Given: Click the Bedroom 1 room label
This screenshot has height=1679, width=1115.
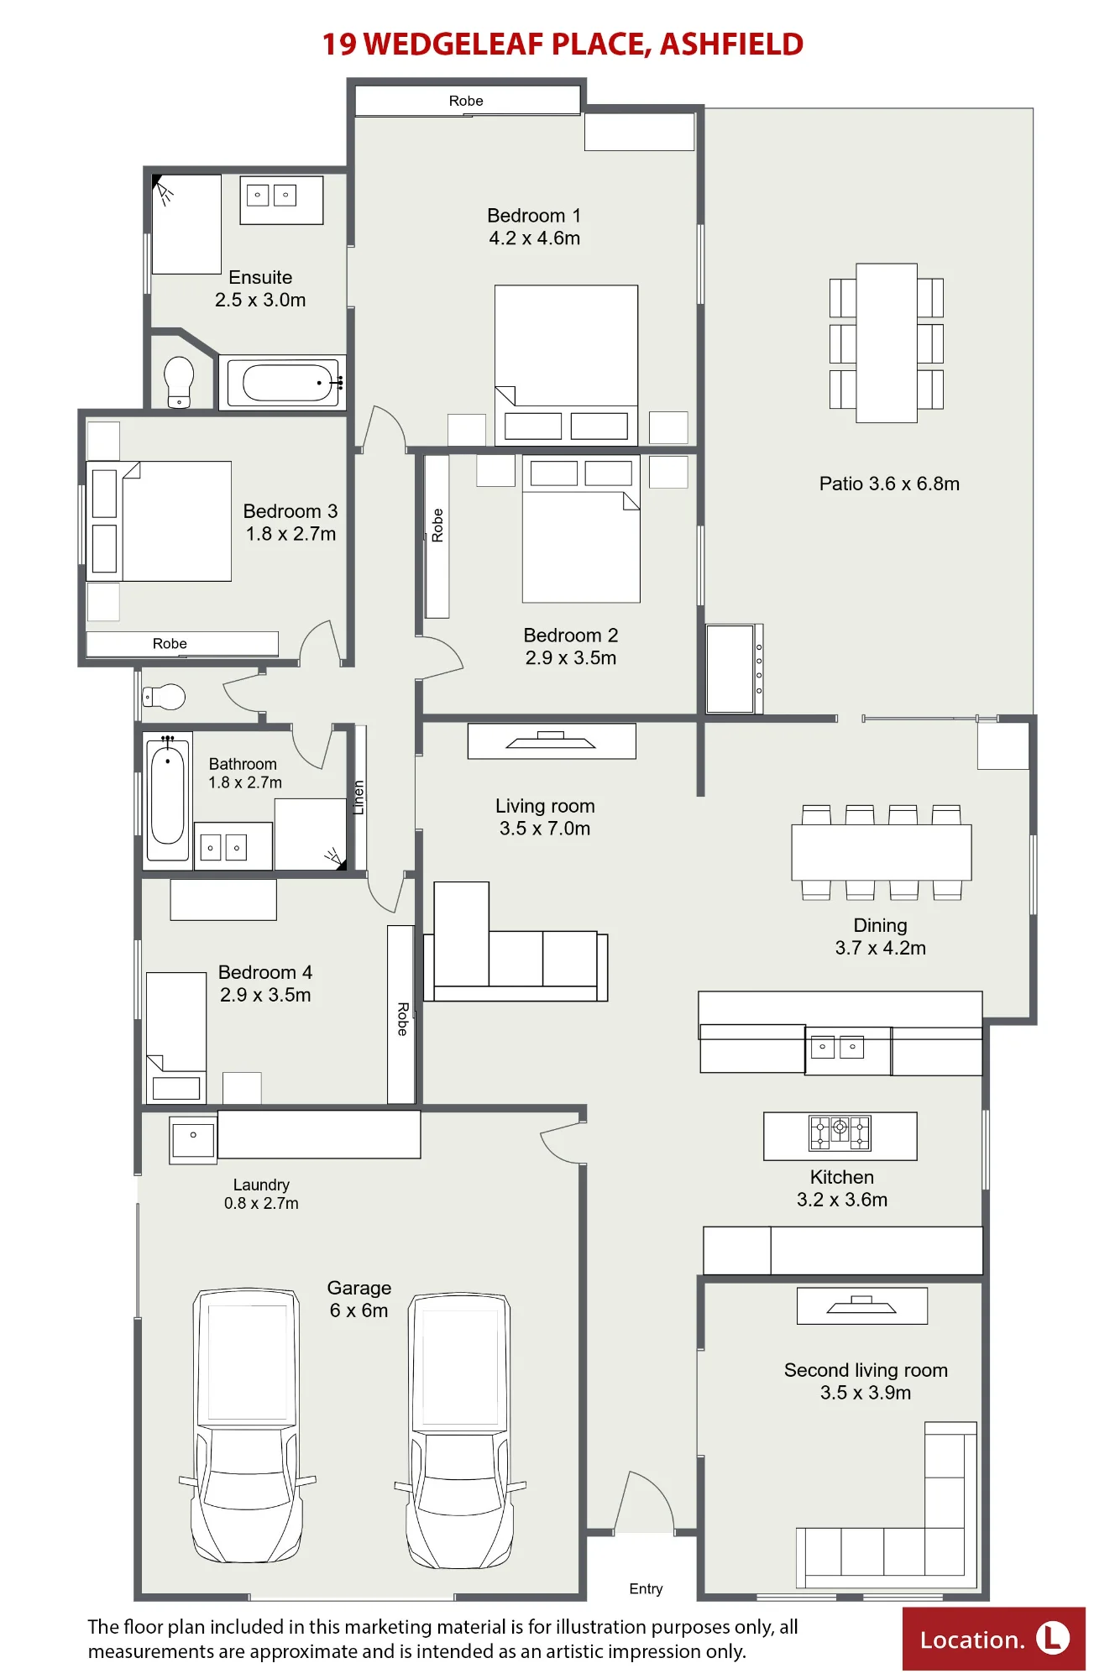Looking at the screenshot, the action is [534, 227].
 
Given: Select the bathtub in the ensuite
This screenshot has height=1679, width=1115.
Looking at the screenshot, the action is [282, 383].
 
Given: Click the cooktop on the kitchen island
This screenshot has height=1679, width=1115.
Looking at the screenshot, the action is [840, 1132].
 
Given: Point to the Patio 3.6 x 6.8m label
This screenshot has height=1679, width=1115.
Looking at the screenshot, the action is [889, 484].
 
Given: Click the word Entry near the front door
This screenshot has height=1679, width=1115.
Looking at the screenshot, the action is [646, 1588].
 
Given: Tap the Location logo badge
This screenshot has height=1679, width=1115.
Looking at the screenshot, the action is [994, 1639].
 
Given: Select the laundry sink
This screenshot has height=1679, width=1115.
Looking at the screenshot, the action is [193, 1140].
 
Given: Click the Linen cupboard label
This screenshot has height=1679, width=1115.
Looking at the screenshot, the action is [359, 798].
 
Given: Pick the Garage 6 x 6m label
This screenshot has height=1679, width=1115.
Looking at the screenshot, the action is [359, 1299].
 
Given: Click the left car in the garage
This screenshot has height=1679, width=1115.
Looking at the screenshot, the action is [248, 1425].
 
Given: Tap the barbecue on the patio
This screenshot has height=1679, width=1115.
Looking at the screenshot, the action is [734, 668].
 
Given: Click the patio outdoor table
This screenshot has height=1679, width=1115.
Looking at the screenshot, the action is [887, 343].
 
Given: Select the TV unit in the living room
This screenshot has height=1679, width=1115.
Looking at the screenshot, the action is [552, 741].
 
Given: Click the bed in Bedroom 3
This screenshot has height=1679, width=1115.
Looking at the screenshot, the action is [159, 521].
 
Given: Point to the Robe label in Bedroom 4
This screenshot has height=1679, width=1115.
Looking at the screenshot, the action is [402, 1018].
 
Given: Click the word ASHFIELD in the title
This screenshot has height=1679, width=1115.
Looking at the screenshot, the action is [731, 44].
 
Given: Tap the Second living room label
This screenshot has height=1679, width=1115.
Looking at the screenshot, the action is [866, 1381].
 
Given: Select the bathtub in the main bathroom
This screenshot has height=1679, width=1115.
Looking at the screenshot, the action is [168, 797].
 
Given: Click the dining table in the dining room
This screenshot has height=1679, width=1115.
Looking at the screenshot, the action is [882, 852].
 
